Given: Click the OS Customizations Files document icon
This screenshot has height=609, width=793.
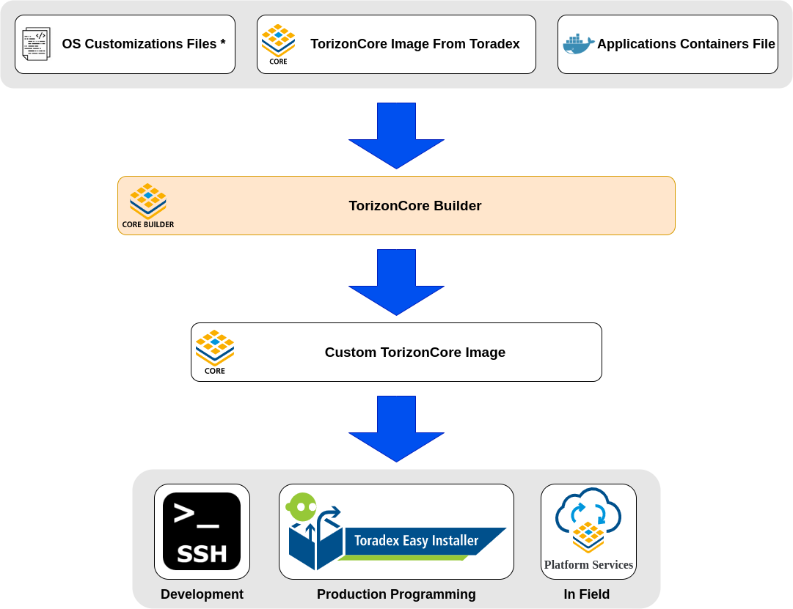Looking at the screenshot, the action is pos(36,44).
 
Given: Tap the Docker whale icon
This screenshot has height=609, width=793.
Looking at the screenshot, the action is pos(578,45).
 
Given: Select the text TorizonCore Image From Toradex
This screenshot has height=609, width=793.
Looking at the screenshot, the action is pos(414,44).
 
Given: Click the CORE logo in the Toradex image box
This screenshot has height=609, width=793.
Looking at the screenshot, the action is pos(278,44).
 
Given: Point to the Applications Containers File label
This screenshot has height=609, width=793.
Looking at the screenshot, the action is pos(685,44).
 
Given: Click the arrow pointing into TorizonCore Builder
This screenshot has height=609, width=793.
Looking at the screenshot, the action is pos(396,136).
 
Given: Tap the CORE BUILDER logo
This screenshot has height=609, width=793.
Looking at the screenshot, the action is pos(148,205).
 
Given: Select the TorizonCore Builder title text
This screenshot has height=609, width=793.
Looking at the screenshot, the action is pos(414,206).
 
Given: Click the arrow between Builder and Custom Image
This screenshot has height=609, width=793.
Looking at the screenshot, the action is pos(396,282).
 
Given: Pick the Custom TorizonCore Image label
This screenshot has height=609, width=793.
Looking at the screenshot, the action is pos(414,353).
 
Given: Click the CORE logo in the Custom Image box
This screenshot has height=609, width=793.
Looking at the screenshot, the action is pos(215,352).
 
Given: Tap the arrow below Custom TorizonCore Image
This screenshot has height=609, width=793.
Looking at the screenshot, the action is pos(396,429).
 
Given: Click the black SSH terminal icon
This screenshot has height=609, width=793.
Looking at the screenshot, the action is pos(202,531).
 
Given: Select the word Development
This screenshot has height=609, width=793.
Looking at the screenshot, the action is pos(202,594).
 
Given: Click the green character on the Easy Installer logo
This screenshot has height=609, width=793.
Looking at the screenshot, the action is pos(302,507).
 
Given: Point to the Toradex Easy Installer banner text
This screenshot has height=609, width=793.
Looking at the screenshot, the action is pos(416,541).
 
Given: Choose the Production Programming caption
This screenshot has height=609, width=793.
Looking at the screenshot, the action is pos(396,594).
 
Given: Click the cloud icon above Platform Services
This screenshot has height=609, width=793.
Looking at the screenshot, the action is pos(588,514).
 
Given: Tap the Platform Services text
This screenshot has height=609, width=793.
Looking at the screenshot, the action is pos(588,565).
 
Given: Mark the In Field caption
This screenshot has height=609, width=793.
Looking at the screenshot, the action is pos(586,594).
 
